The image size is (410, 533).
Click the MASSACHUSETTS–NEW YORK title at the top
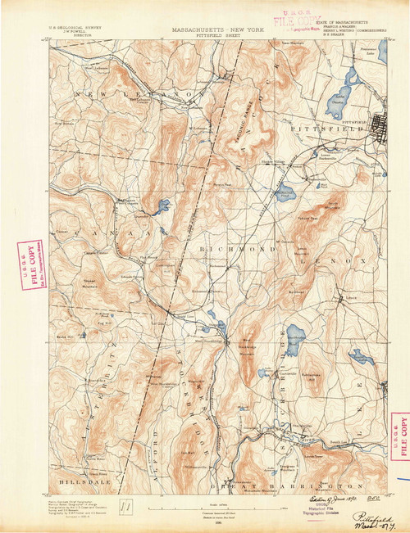click(212, 27)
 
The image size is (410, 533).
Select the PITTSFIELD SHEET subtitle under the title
click(212, 35)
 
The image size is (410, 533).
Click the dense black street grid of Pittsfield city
click(381, 127)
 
